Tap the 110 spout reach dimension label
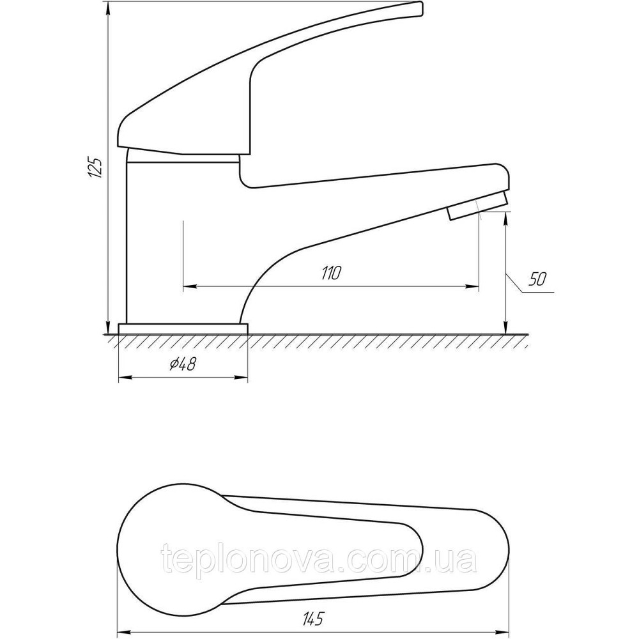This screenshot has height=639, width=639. pyautogui.click(x=331, y=273)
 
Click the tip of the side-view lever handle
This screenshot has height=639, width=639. pyautogui.click(x=420, y=9)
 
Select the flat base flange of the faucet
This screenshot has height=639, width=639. pyautogui.click(x=183, y=329)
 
